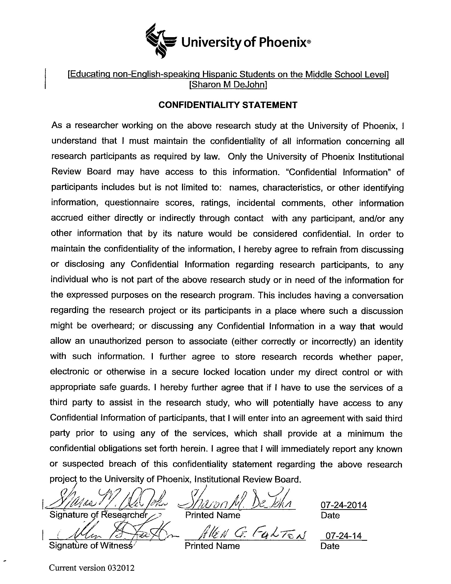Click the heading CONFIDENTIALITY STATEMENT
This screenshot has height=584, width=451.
coord(228,105)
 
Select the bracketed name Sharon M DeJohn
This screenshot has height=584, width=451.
coord(228,85)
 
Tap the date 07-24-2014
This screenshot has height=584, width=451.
coord(344,505)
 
